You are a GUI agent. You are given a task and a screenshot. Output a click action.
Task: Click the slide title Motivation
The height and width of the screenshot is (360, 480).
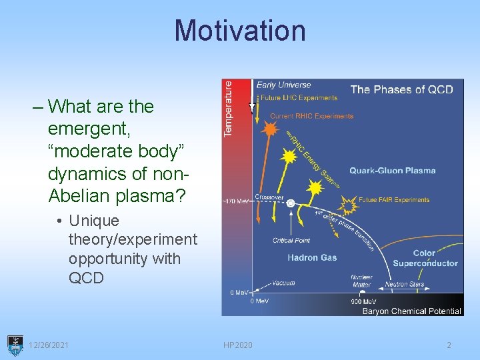(x=240, y=31)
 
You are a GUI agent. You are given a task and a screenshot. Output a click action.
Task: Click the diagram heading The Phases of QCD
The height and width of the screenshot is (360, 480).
(x=401, y=89)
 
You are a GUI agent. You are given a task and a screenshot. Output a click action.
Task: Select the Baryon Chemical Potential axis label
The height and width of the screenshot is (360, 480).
(x=411, y=311)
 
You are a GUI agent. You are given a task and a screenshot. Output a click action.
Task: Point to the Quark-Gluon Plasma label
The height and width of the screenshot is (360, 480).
(x=392, y=171)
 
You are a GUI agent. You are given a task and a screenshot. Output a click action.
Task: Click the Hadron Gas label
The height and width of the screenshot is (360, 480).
(x=312, y=257)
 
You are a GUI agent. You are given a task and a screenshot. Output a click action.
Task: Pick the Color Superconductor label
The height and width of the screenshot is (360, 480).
(x=425, y=258)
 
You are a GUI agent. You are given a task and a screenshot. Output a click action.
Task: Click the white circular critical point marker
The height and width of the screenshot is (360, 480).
(x=291, y=203)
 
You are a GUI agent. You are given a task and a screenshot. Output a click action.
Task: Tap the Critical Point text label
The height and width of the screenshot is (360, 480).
(x=291, y=241)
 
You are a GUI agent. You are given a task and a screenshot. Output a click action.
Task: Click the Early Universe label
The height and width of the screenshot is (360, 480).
(x=283, y=85)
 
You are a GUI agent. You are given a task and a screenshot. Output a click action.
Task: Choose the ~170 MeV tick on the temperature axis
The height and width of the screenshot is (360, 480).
(x=235, y=201)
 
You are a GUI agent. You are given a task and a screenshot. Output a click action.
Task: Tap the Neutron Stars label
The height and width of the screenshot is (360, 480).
(x=404, y=284)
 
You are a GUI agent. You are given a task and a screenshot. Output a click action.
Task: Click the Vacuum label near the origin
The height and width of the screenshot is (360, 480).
(x=283, y=283)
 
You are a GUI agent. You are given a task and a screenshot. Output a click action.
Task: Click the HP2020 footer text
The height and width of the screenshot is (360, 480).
(x=238, y=345)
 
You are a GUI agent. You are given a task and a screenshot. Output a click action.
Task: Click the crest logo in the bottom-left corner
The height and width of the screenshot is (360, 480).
(x=15, y=344)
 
